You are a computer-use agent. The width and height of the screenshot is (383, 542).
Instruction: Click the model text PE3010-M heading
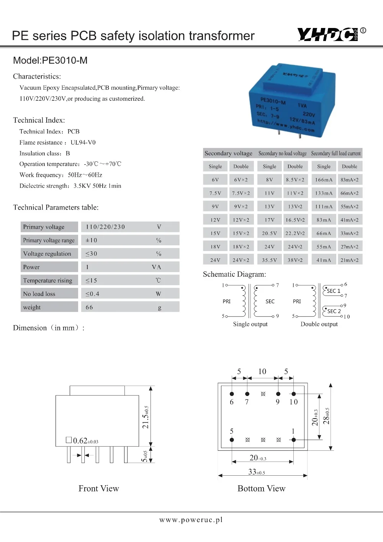pos(50,61)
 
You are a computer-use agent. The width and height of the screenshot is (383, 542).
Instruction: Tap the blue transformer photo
pos(292,101)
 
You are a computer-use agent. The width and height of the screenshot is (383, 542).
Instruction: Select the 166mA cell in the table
pos(324,180)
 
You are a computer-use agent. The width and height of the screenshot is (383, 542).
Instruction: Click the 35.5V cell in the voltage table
pos(269,260)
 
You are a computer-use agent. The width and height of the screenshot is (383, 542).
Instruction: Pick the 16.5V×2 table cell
pos(295,220)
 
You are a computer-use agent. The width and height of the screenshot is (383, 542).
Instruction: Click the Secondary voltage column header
pos(228,153)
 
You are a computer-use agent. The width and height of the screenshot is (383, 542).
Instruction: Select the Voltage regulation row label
pos(47,254)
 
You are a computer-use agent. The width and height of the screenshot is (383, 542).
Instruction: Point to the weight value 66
pos(89,307)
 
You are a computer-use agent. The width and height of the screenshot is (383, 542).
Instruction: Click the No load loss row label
pos(39,294)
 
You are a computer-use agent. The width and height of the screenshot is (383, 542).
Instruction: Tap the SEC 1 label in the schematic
pos(333,291)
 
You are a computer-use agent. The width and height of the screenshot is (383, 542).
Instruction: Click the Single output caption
pos(250,324)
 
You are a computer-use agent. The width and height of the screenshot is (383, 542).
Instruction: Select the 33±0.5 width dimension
pos(257,472)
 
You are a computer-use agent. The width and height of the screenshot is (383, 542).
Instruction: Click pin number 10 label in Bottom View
pos(293,402)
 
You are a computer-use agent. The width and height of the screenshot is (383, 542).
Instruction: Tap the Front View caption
pos(98,488)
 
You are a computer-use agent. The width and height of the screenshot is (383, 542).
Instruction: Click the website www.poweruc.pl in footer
pos(191,520)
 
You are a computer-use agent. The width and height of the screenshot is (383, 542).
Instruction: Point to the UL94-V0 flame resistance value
pos(83,143)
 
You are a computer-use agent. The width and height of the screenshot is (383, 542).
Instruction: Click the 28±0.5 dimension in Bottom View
pos(326,416)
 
